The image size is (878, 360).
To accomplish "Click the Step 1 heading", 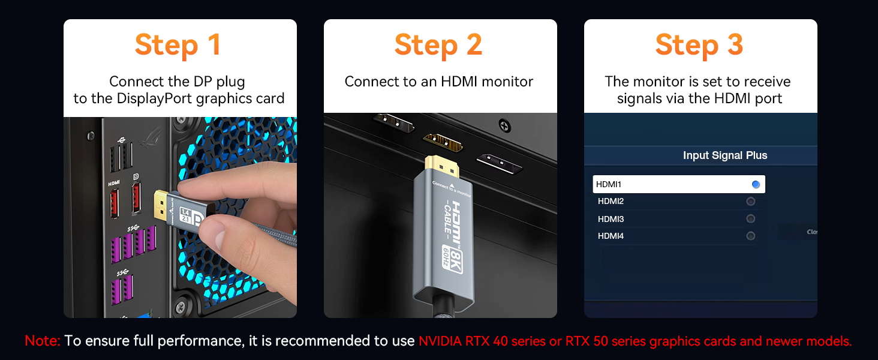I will tap(178, 45).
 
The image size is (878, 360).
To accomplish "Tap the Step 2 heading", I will tap(438, 45).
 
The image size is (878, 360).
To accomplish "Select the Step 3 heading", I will tap(699, 45).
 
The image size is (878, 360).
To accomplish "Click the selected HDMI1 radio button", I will tap(756, 184).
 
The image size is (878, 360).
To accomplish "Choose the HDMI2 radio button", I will tap(750, 202).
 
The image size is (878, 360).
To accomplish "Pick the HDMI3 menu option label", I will tap(611, 219).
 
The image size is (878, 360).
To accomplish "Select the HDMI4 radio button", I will tap(750, 236).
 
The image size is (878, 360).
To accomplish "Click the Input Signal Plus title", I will tap(724, 155).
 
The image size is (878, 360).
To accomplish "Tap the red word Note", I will tap(42, 341).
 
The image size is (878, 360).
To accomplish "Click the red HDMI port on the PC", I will tap(114, 202).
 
